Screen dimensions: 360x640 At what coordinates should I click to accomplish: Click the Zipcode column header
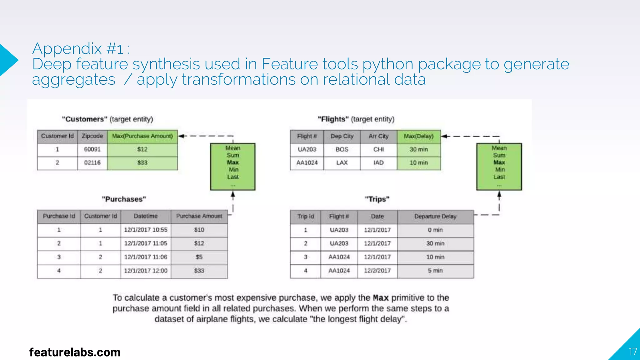pyautogui.click(x=92, y=136)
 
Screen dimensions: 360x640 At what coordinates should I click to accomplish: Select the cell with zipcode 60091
pyautogui.click(x=92, y=149)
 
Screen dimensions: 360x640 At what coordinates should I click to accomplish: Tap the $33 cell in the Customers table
pyautogui.click(x=142, y=163)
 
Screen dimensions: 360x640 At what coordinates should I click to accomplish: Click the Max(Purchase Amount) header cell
pyautogui.click(x=142, y=136)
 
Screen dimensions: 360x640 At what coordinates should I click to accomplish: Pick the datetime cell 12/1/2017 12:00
pyautogui.click(x=146, y=271)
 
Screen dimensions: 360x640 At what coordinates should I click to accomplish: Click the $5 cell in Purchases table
pyautogui.click(x=199, y=257)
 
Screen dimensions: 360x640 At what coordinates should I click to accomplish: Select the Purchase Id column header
pyautogui.click(x=59, y=216)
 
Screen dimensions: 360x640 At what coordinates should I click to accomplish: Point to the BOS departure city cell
pyautogui.click(x=342, y=149)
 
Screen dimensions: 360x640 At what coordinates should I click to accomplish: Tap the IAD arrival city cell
pyautogui.click(x=378, y=163)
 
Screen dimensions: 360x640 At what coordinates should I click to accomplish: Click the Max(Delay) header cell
pyautogui.click(x=418, y=136)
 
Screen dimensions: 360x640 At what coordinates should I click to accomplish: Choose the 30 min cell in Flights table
pyautogui.click(x=418, y=149)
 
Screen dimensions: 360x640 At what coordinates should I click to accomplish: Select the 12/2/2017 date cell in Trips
pyautogui.click(x=377, y=271)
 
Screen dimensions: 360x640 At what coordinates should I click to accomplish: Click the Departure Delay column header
pyautogui.click(x=435, y=217)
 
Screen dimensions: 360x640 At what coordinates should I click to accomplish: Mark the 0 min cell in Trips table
pyautogui.click(x=435, y=230)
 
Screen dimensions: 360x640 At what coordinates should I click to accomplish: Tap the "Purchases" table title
pyautogui.click(x=124, y=199)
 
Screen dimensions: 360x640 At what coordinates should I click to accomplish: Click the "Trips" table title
pyautogui.click(x=377, y=199)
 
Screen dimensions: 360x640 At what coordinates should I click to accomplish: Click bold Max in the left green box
pyautogui.click(x=233, y=162)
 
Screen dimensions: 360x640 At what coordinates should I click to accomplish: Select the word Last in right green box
pyautogui.click(x=499, y=177)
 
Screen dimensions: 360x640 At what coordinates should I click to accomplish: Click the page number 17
pyautogui.click(x=633, y=352)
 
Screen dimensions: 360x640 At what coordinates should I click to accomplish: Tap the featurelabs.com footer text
pyautogui.click(x=75, y=352)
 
